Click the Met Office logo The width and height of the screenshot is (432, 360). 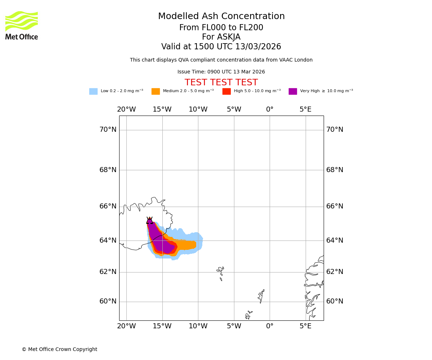22,25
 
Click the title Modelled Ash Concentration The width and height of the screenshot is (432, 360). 221,17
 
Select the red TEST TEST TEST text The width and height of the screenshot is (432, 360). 221,83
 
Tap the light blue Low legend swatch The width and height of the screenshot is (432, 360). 93,91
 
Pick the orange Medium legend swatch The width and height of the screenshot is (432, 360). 156,91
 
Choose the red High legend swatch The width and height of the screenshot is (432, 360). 226,91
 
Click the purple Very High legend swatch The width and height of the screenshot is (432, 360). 293,91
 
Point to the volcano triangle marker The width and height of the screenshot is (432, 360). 149,221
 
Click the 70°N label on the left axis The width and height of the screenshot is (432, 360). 108,130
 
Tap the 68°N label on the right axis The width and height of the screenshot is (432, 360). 335,170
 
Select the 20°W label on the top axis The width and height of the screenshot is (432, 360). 126,109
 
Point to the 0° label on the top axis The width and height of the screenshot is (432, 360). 270,109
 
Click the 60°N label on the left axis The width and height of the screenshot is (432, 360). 108,301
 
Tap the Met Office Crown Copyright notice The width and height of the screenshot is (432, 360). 59,350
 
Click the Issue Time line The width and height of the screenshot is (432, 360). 221,72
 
